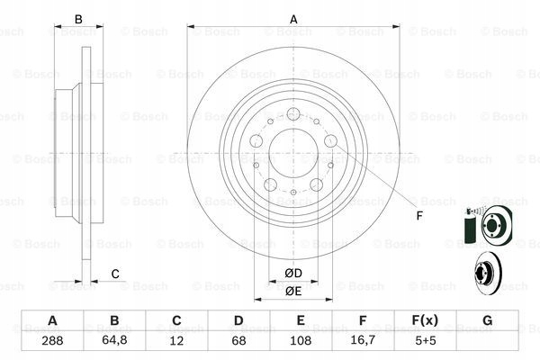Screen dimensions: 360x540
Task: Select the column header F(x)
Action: (425, 321)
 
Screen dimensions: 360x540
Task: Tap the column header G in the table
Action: (487, 321)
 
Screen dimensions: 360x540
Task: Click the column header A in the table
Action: (52, 321)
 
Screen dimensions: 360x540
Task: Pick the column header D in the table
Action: (238, 321)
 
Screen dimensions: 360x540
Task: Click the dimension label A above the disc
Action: (293, 19)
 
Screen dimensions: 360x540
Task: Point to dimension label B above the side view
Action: (78, 19)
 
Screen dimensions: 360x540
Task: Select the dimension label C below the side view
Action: (115, 274)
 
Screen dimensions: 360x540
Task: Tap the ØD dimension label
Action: (293, 273)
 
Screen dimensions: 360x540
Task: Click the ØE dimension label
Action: (293, 291)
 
